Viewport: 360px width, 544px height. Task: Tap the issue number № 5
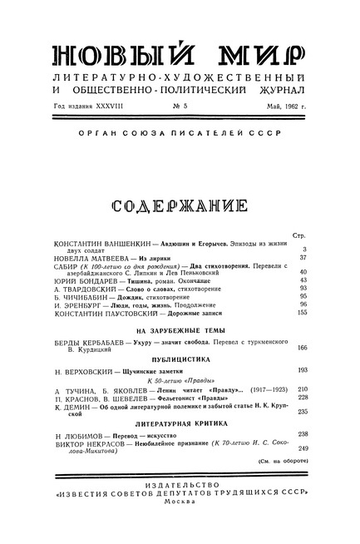click(180, 106)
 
